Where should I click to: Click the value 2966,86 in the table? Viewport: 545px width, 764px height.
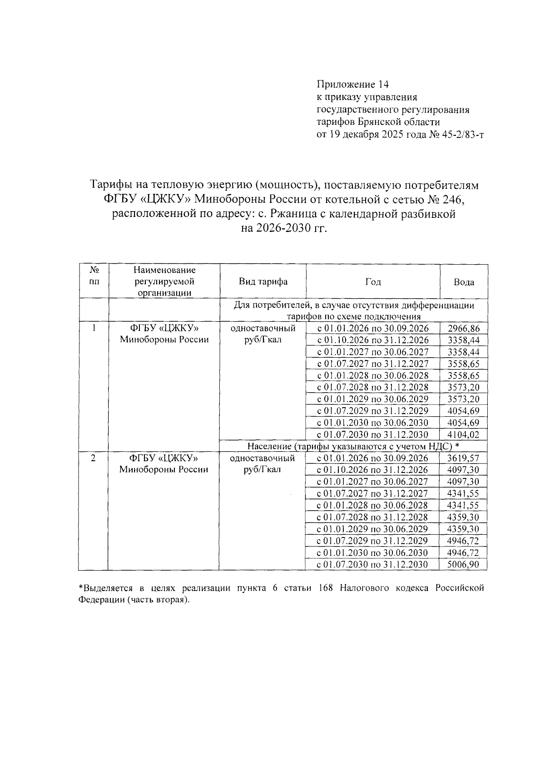coord(463,329)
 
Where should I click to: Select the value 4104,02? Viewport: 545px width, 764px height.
coord(463,435)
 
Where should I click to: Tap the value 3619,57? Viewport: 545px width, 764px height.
coord(463,458)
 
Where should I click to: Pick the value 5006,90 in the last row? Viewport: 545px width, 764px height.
coord(463,564)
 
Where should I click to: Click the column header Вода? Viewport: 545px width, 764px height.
coord(464,282)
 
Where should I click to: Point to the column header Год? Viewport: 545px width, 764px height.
coord(373,282)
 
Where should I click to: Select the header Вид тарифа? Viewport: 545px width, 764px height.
coord(263,281)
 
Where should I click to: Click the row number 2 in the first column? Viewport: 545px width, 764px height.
coord(93,458)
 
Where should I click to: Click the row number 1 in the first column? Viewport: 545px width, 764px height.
coord(94,328)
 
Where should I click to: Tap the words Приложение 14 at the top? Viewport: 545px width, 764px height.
coord(352,84)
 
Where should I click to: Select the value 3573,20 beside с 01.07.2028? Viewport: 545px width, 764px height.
coord(463,388)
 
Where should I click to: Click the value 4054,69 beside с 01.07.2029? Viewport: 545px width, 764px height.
coord(463,411)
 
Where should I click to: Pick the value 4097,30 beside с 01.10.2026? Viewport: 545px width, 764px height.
coord(463,470)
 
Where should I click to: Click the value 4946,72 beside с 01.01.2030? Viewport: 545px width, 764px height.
coord(463,552)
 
